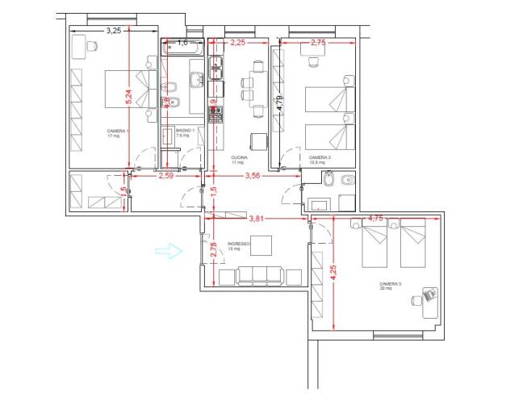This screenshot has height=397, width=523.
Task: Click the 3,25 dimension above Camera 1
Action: (x=114, y=31)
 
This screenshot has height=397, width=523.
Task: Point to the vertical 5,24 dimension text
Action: (x=128, y=96)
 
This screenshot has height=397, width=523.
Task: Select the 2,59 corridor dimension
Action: (x=166, y=175)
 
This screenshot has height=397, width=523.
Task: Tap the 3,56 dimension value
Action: (x=253, y=175)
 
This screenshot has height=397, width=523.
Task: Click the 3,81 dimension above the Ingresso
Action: (x=257, y=218)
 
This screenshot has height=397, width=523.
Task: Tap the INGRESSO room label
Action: (x=239, y=244)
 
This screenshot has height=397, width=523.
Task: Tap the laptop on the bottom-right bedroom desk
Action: (x=429, y=296)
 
